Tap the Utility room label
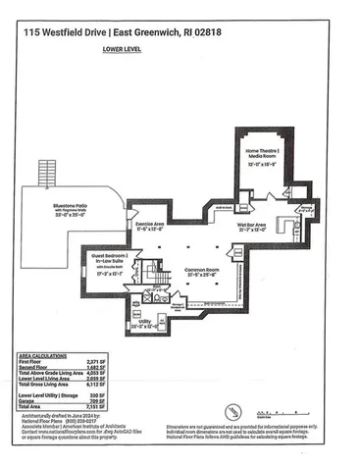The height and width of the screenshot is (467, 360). [144, 320]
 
